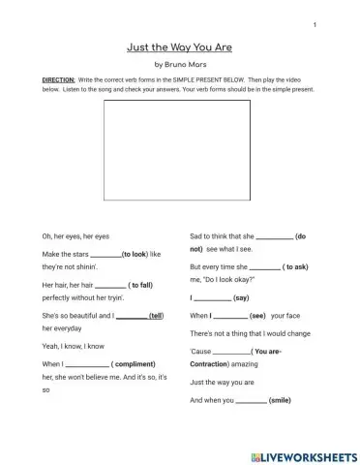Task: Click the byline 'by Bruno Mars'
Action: [180, 64]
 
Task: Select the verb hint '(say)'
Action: [242, 298]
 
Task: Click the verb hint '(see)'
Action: [257, 316]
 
